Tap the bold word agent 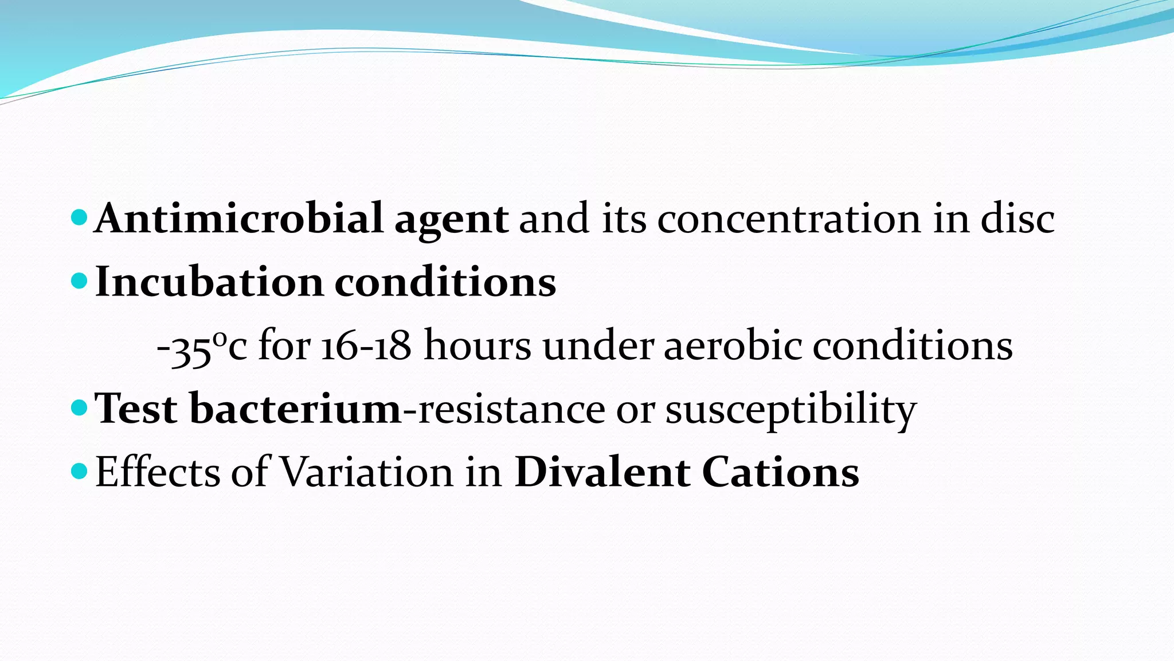pos(451,221)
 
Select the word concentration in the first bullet pos(789,219)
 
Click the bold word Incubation pos(209,282)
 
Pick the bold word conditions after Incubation pos(445,282)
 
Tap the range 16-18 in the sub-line pos(366,346)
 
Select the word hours pos(477,346)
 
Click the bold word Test pos(136,409)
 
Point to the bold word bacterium pos(295,409)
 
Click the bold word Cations pos(780,472)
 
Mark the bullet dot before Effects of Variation pos(79,471)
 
